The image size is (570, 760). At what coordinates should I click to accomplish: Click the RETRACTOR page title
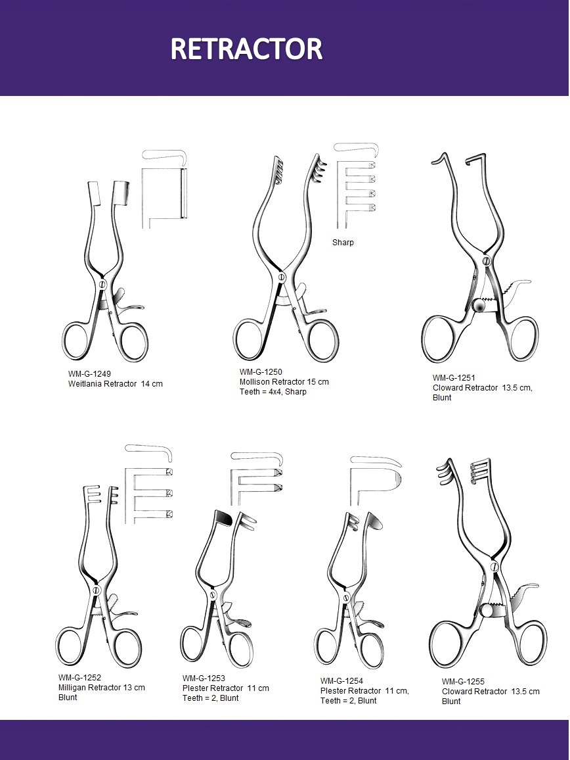pos(246,49)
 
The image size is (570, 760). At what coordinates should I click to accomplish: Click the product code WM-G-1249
pos(89,373)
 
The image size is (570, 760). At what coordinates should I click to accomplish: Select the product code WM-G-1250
pos(261,371)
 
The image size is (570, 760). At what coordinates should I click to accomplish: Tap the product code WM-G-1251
pos(454,377)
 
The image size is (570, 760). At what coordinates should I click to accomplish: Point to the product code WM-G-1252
pos(79,678)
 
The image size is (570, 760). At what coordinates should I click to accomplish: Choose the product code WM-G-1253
pos(204,678)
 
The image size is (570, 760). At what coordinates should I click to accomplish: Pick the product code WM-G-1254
pos(341,680)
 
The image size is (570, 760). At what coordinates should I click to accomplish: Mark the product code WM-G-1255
pos(463,682)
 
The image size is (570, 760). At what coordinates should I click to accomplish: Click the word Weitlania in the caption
pos(85,384)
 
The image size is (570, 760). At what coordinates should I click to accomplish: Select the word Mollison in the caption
pos(255,382)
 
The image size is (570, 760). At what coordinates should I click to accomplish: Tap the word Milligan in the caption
pos(73,688)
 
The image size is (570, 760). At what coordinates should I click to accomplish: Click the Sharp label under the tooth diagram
pos(343,243)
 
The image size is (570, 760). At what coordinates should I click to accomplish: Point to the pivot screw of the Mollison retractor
pos(282,277)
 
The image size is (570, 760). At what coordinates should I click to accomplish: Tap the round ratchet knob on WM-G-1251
pos(479,306)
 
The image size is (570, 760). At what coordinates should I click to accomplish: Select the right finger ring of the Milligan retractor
pos(125,648)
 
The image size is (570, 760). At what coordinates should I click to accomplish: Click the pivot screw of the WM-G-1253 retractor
pos(212,595)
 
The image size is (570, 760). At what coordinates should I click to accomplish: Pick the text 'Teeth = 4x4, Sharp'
pos(273,392)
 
